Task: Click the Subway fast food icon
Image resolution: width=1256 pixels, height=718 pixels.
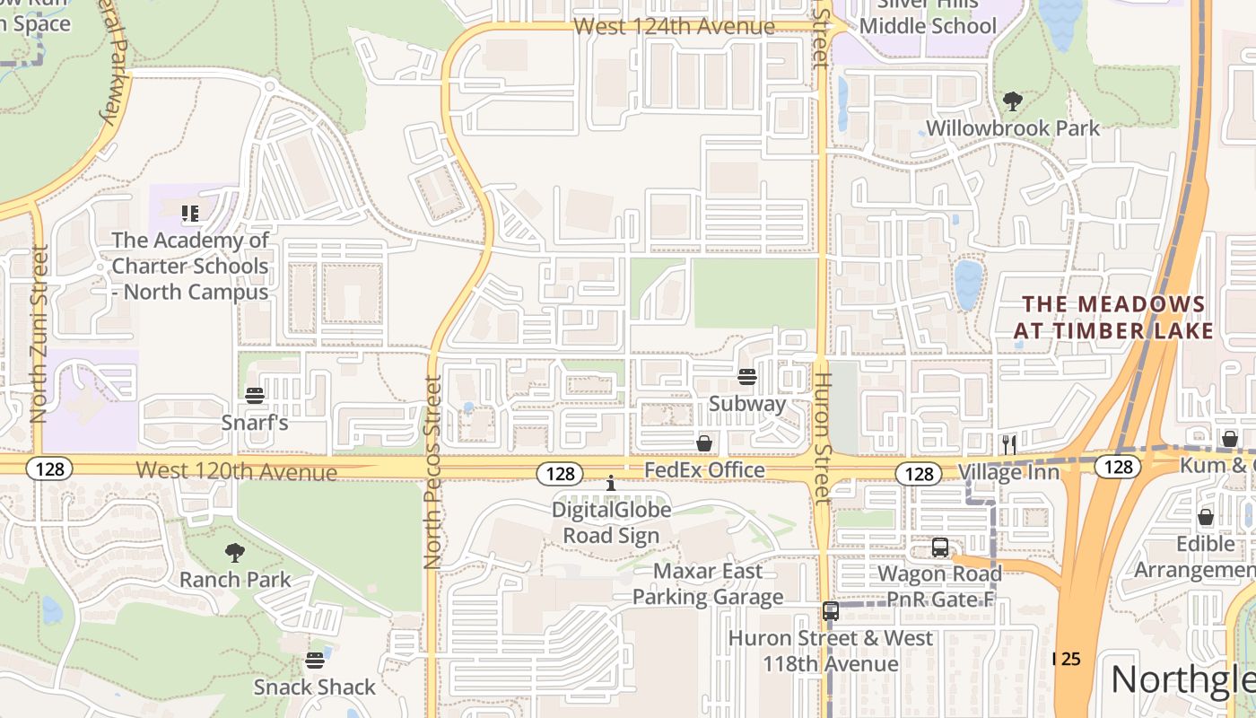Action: [x=747, y=377]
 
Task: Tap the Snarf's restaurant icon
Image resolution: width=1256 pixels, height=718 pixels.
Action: [x=255, y=396]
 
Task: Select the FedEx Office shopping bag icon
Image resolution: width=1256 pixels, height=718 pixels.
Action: [x=704, y=443]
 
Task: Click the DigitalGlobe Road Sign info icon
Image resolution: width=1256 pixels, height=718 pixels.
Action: [x=611, y=484]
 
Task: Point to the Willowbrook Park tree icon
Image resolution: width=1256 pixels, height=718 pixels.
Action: [x=1013, y=101]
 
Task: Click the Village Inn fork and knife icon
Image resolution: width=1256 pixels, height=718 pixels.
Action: [x=1009, y=444]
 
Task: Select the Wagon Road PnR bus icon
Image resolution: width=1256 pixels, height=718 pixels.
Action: [x=939, y=547]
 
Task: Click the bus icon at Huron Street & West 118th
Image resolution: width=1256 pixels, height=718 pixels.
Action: [x=831, y=611]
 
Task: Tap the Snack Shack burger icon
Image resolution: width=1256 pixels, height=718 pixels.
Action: [x=314, y=661]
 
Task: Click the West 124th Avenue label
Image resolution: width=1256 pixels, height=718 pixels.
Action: [x=674, y=26]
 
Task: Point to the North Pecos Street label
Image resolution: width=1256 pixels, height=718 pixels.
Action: [x=432, y=473]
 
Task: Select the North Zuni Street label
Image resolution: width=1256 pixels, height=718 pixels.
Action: [x=39, y=334]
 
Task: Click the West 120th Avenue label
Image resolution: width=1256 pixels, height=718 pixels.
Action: [x=237, y=471]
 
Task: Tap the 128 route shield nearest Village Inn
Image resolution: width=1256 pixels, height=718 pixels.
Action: [x=920, y=474]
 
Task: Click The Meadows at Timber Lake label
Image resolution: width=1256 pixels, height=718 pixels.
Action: [x=1114, y=318]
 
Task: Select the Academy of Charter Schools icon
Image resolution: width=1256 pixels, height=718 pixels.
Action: [x=190, y=214]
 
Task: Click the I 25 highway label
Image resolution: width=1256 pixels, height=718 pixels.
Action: [x=1067, y=659]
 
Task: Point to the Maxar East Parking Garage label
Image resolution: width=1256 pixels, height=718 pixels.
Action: [x=708, y=584]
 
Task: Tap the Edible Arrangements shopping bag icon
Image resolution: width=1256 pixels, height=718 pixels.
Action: [x=1206, y=517]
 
